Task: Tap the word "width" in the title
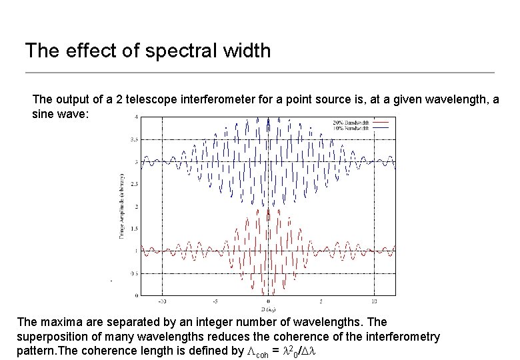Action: pyautogui.click(x=245, y=51)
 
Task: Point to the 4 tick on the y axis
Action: pyautogui.click(x=137, y=117)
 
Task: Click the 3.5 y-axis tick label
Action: pyautogui.click(x=135, y=139)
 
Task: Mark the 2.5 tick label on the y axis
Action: pyautogui.click(x=135, y=184)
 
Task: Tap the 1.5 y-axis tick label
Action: pyautogui.click(x=135, y=229)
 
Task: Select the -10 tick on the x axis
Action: pyautogui.click(x=162, y=301)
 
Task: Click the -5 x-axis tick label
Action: pyautogui.click(x=215, y=301)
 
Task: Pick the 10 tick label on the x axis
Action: pyautogui.click(x=375, y=301)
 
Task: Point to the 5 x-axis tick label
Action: pyautogui.click(x=321, y=301)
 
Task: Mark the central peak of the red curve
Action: pyautogui.click(x=268, y=208)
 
